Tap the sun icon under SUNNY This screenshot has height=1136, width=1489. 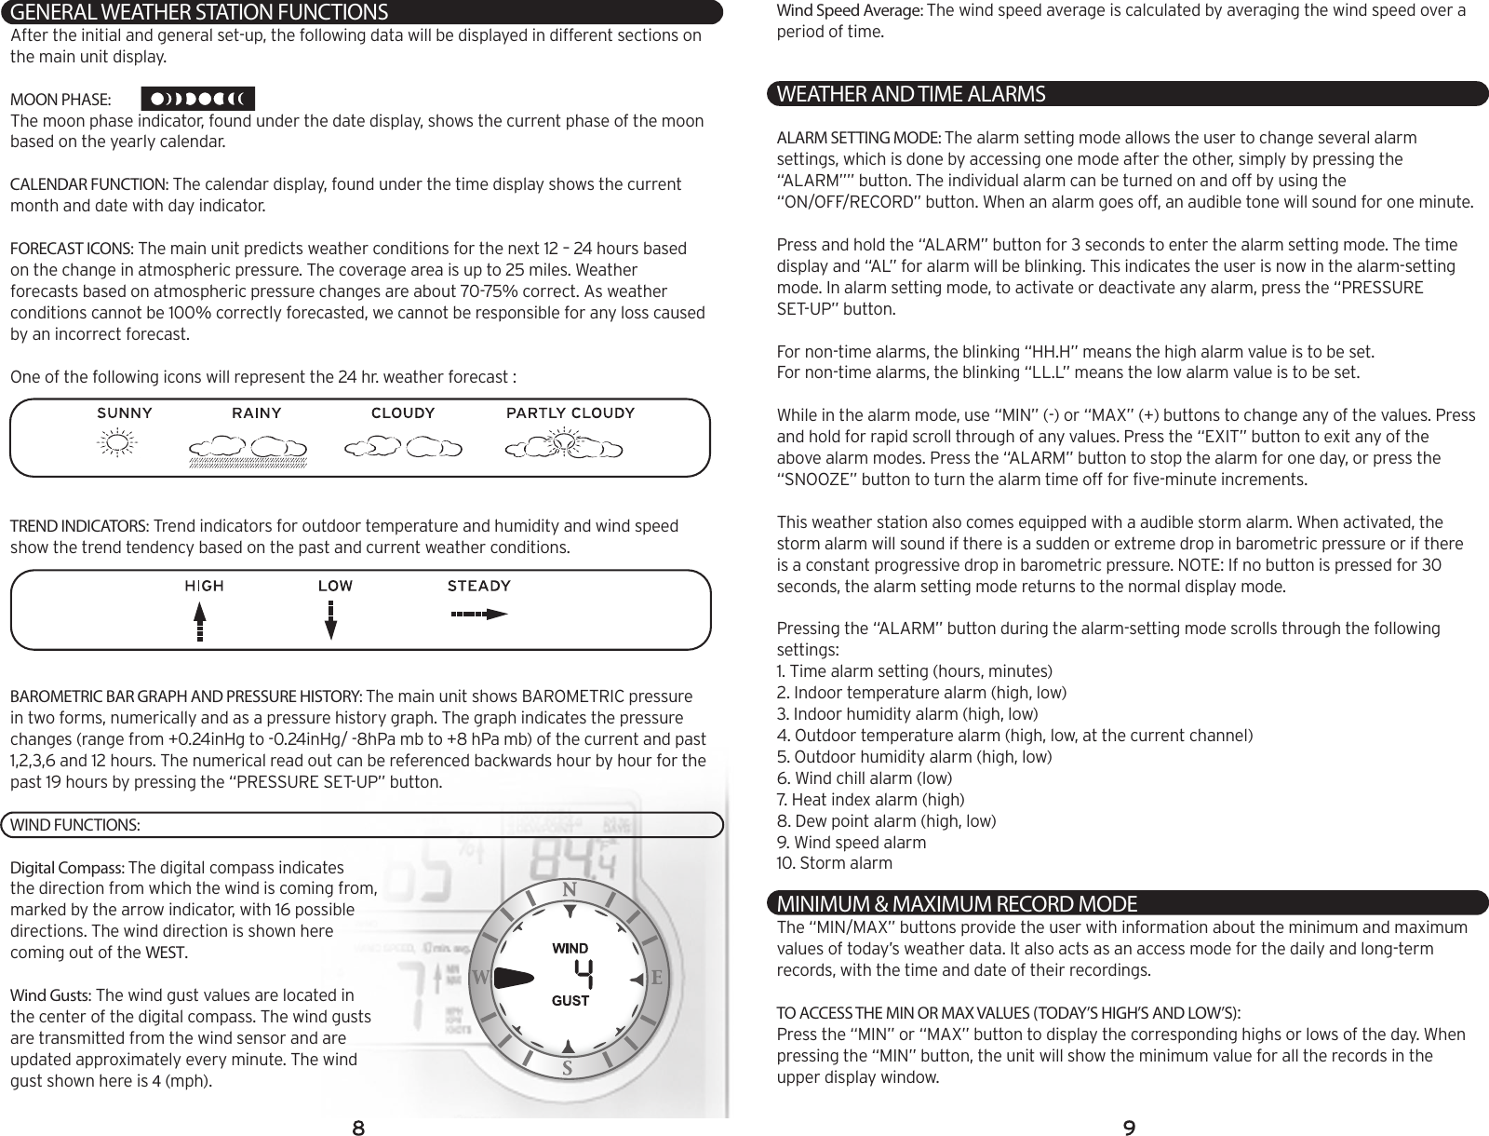point(116,446)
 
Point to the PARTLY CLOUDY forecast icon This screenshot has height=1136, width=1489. point(563,446)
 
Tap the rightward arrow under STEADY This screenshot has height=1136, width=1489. point(478,614)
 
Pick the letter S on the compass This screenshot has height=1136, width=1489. point(566,1067)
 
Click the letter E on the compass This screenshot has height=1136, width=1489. point(656,979)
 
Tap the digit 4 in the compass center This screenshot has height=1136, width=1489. point(584,975)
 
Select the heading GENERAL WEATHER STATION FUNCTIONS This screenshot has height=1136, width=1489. point(195,12)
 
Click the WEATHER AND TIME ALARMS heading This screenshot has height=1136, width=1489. point(911,94)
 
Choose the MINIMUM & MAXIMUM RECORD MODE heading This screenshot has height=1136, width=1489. point(957,903)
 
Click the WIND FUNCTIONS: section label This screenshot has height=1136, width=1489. point(75,825)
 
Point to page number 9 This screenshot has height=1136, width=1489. point(1128,1129)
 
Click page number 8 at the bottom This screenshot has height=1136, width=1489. point(357,1129)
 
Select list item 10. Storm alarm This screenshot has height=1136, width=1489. point(834,863)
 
